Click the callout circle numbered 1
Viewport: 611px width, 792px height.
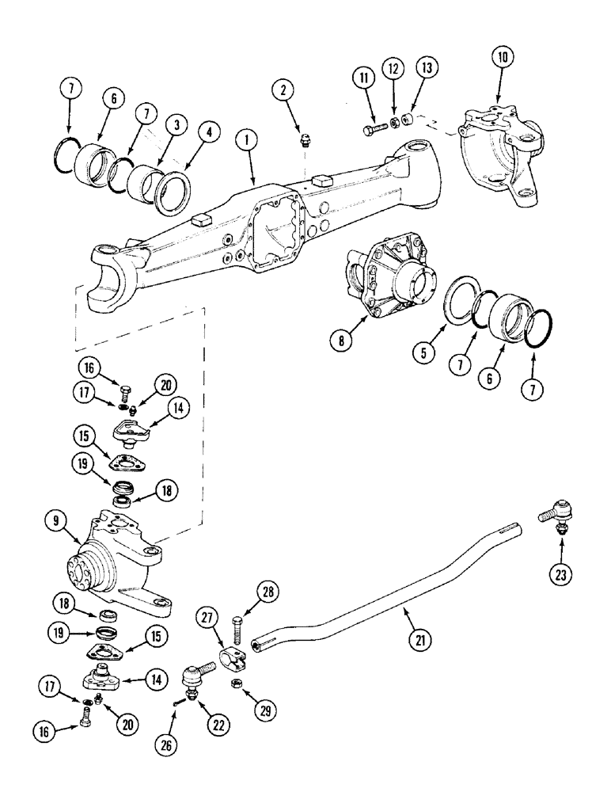coord(248,141)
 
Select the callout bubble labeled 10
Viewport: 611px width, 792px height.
coord(503,56)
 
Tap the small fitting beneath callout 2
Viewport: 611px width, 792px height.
coord(303,143)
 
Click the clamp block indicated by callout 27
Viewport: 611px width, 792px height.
coord(236,654)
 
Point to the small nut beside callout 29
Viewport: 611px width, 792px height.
coord(237,683)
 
